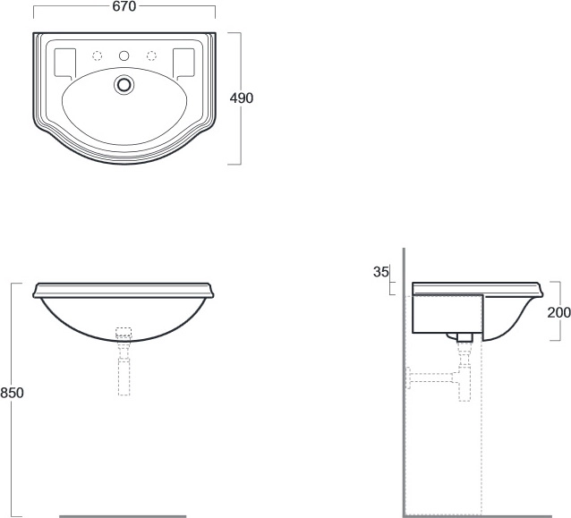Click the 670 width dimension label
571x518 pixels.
coord(124,6)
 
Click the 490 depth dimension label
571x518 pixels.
coord(242,98)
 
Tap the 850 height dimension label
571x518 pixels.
coord(12,393)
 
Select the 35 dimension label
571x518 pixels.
coord(381,272)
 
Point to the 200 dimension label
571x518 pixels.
coord(559,312)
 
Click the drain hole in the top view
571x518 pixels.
coord(124,84)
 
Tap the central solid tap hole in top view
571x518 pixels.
coord(124,55)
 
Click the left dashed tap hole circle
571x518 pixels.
coord(98,55)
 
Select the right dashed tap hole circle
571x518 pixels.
coord(151,55)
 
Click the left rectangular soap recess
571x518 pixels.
coord(64,64)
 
